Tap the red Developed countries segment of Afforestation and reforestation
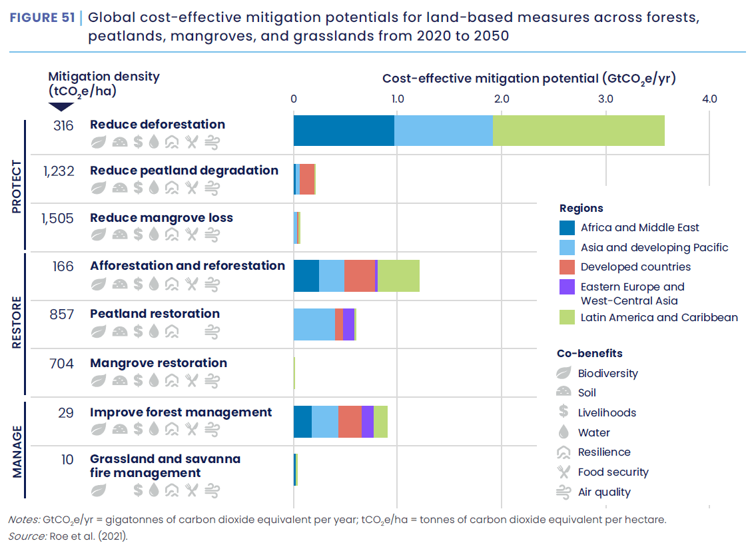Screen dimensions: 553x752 coord(360,276)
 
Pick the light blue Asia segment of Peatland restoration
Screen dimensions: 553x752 coord(314,324)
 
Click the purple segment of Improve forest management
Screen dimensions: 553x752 coord(368,422)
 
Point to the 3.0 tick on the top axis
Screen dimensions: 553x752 coord(605,99)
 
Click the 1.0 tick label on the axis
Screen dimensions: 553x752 coord(397,99)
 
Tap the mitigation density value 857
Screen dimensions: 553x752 coord(61,314)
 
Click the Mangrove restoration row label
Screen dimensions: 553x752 coord(159,363)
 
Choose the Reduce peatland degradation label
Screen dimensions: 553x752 coord(184,170)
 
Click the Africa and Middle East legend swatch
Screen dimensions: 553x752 coord(567,228)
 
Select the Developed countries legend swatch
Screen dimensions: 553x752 coord(567,267)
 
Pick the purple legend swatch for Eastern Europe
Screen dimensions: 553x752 coord(567,287)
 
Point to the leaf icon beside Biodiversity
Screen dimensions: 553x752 coord(564,373)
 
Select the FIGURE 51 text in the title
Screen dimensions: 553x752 coord(41,18)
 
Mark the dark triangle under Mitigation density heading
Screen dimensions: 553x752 coord(61,106)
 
